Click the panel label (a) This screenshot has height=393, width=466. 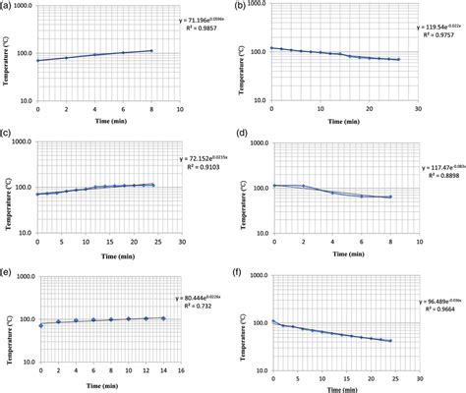tap(6, 7)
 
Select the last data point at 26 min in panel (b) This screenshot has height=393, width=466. tap(398, 60)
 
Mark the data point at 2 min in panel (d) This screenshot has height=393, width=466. tap(302, 186)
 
